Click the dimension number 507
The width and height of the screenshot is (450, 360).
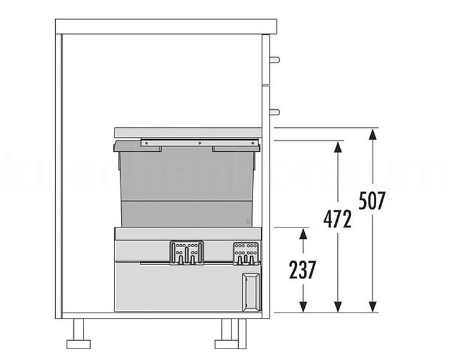point(372,200)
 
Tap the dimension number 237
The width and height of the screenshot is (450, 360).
point(302,270)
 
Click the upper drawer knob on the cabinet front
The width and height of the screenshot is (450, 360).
point(274,60)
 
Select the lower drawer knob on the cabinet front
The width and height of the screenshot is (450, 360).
point(274,112)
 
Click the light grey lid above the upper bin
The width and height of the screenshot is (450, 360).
point(188,132)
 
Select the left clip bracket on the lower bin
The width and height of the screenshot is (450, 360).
point(187,253)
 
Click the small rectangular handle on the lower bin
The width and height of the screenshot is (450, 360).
point(251,292)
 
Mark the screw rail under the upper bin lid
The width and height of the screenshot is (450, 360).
point(200,143)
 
